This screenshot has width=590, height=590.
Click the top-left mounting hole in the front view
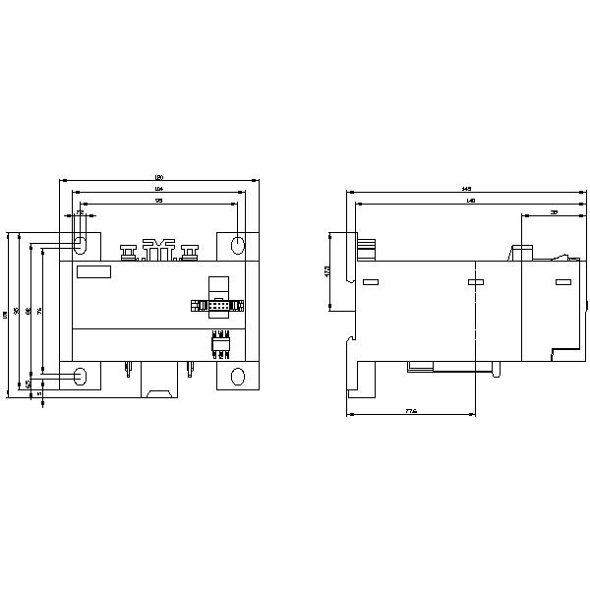(81, 243)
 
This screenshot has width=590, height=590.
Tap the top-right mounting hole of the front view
(237, 243)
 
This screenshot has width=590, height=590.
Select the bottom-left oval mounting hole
(81, 375)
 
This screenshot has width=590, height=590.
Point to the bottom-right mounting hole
(237, 375)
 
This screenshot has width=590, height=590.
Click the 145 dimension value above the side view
(466, 189)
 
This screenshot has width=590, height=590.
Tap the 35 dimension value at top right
(554, 212)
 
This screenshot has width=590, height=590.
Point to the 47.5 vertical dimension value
(327, 271)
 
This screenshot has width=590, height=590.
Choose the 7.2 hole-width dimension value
(80, 212)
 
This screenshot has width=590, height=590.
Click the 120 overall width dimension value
(158, 178)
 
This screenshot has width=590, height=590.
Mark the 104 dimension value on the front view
(158, 189)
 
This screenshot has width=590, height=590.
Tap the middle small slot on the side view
(475, 283)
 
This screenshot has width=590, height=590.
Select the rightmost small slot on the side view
(562, 283)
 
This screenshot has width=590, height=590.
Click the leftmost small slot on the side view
(371, 283)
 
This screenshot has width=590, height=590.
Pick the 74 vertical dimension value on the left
(40, 311)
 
